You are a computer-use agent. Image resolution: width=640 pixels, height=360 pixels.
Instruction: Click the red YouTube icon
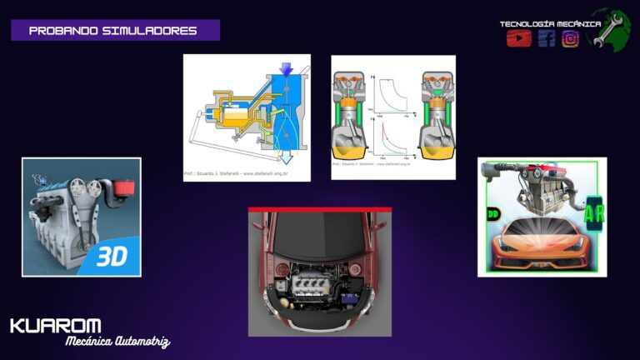(x=518, y=38)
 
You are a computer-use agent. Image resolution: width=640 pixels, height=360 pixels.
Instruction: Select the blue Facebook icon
(x=546, y=38)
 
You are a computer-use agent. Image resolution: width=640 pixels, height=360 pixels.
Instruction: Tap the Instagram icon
(x=571, y=38)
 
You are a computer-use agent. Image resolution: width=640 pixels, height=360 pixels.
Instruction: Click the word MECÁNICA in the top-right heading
(x=576, y=24)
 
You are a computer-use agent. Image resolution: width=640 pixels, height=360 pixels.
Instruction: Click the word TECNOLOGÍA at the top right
(x=524, y=24)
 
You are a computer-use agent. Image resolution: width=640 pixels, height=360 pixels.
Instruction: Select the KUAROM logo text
(x=56, y=326)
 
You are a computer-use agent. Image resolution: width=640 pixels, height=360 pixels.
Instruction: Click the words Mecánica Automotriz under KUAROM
(x=117, y=341)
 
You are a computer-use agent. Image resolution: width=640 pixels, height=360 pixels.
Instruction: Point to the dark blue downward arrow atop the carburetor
(x=286, y=69)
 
